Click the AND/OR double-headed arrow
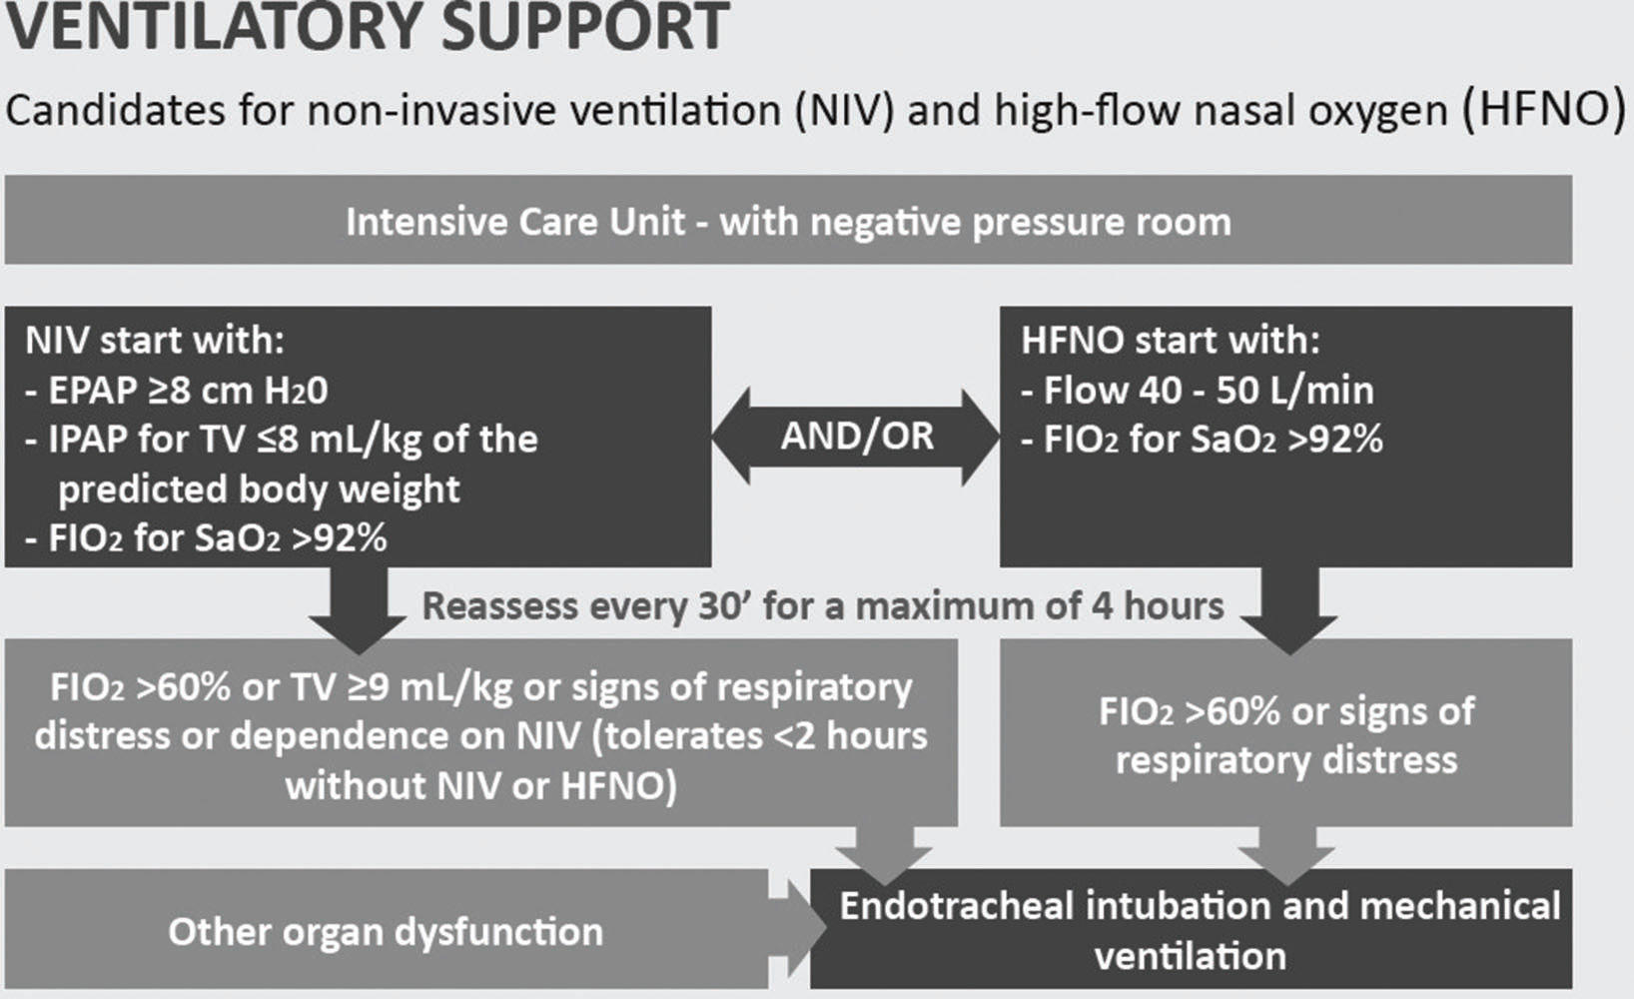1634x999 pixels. tap(856, 437)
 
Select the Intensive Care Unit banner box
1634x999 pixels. tap(788, 221)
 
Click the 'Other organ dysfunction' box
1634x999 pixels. tap(386, 931)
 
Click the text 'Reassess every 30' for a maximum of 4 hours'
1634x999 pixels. tap(823, 606)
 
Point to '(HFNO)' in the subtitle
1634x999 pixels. tap(1544, 108)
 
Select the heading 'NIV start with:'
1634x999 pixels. tap(155, 340)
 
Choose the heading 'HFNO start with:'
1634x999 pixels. tap(1170, 340)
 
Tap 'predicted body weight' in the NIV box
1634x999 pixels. tap(259, 490)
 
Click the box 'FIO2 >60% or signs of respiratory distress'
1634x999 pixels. tap(1285, 734)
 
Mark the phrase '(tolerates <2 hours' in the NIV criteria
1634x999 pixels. tap(760, 736)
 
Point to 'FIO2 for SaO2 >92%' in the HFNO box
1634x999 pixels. tap(1214, 440)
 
